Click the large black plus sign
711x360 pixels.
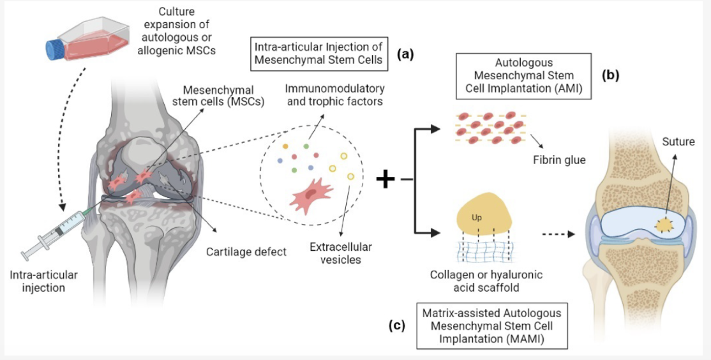(385, 180)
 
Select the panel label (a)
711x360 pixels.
(405, 54)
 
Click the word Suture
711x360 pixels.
(678, 142)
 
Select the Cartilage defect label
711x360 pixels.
(246, 251)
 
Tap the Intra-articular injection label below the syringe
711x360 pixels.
(44, 281)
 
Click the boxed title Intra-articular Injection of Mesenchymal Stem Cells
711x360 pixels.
(317, 54)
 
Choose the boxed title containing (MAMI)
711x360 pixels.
(491, 326)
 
